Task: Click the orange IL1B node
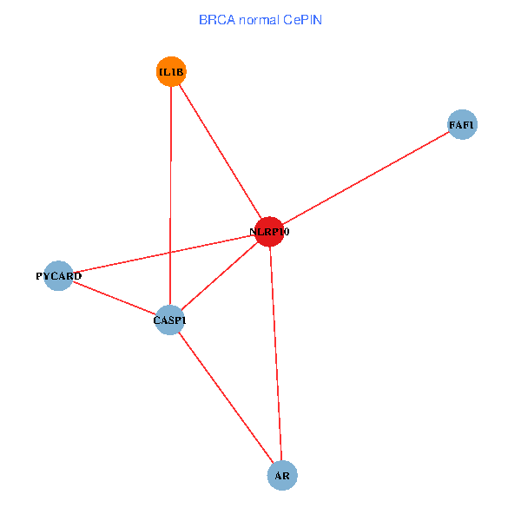[171, 72]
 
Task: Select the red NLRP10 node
[269, 232]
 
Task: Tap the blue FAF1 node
[462, 125]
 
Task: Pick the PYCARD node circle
[58, 276]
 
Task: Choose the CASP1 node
[169, 320]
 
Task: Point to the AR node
[282, 476]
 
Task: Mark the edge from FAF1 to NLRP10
[366, 178]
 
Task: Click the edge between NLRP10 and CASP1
[219, 276]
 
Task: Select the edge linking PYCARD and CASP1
[114, 298]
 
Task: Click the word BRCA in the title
[215, 19]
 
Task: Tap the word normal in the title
[258, 19]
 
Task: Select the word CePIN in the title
[302, 19]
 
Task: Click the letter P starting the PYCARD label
[39, 276]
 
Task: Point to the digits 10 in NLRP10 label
[284, 232]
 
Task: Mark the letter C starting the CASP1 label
[157, 320]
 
